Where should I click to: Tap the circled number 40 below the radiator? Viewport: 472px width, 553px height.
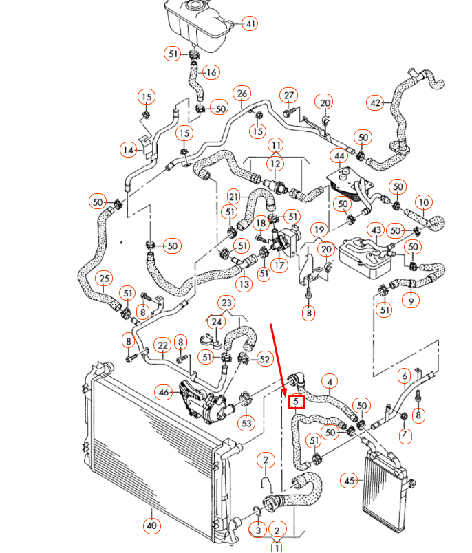pos(151,526)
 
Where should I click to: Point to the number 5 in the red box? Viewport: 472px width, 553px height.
pos(296,400)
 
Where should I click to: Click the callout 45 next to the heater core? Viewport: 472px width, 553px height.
pos(350,481)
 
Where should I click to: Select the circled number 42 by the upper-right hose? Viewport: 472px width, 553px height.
pos(376,103)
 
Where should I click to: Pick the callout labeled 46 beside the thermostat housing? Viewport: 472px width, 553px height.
pos(164,393)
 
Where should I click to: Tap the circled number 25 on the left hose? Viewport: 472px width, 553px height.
pos(104,279)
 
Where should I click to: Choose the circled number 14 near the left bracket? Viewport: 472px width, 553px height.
pos(128,149)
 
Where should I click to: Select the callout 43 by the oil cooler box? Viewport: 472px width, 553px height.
pos(376,230)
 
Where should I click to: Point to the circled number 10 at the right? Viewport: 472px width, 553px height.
pos(424,202)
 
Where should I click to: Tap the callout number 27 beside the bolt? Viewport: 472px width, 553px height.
pos(289,94)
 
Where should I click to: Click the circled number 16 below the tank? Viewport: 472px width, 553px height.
pos(211,72)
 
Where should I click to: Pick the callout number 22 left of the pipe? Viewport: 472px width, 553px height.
pos(162,345)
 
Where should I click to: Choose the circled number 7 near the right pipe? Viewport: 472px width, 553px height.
pos(405,434)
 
